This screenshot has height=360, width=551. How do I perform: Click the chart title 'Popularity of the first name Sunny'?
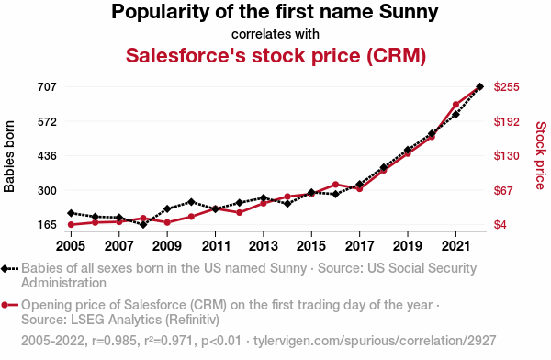tap(275, 13)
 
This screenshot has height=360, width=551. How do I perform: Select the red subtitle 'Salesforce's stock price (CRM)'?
tap(275, 56)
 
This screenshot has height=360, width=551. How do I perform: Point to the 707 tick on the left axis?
tap(46, 87)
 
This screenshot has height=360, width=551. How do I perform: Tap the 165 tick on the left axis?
tap(46, 225)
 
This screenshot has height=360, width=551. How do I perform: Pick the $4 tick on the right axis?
tap(503, 225)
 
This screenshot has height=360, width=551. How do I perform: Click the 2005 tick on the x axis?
tap(72, 246)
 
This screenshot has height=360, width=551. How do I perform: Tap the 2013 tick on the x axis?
tap(263, 246)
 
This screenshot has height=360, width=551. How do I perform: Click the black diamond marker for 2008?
tap(143, 225)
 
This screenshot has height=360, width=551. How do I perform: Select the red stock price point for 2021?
tap(455, 105)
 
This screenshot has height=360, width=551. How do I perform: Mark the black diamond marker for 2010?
tap(191, 201)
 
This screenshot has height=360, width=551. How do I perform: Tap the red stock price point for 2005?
tap(72, 224)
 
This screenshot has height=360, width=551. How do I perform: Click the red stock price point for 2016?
tap(335, 185)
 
